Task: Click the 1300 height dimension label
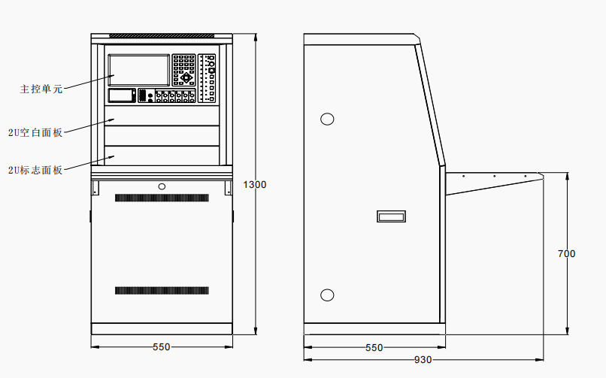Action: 255,185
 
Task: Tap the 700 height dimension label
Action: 567,254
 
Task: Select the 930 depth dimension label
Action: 423,360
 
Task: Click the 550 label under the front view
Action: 161,347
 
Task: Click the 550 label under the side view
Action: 374,347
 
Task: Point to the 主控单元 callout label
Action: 41,89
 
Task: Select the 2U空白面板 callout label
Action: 35,133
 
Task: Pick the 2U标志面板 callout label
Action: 35,171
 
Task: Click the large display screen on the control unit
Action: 139,70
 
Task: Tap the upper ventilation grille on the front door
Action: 162,198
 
